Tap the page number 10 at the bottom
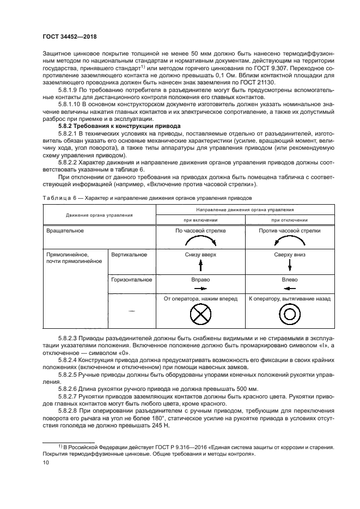pos(46,462)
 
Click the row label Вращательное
pos(66,231)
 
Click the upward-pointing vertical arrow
pos(200,265)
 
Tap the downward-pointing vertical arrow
pos(290,265)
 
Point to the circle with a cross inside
pos(200,315)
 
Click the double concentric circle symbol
pos(290,315)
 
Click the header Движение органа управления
pos(99,215)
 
